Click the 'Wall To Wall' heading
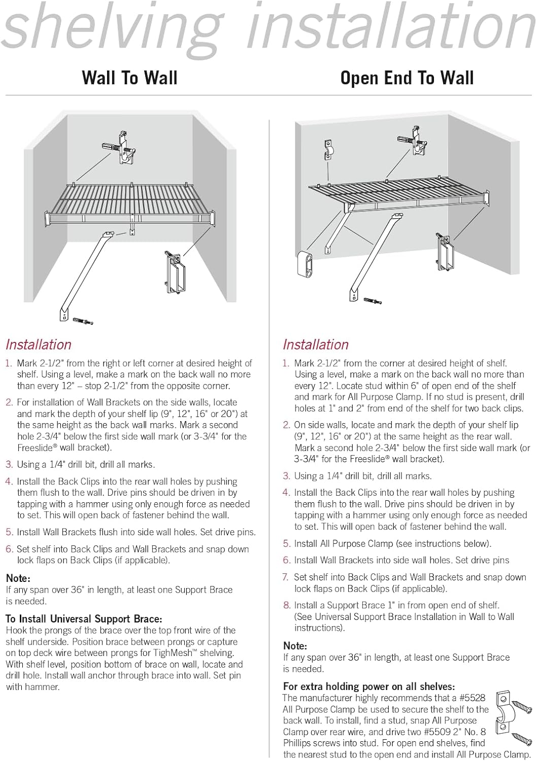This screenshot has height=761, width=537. click(129, 78)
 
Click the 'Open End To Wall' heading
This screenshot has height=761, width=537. click(407, 78)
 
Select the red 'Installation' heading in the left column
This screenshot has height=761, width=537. click(39, 344)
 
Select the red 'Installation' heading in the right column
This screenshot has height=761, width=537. click(316, 344)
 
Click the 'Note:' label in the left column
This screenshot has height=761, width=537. click(18, 578)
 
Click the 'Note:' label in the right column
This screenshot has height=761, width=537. click(295, 646)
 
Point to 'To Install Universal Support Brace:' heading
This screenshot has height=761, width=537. click(84, 619)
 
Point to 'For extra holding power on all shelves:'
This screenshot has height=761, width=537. click(369, 686)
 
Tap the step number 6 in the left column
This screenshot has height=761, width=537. click(9, 549)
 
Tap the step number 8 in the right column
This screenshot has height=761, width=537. click(287, 605)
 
